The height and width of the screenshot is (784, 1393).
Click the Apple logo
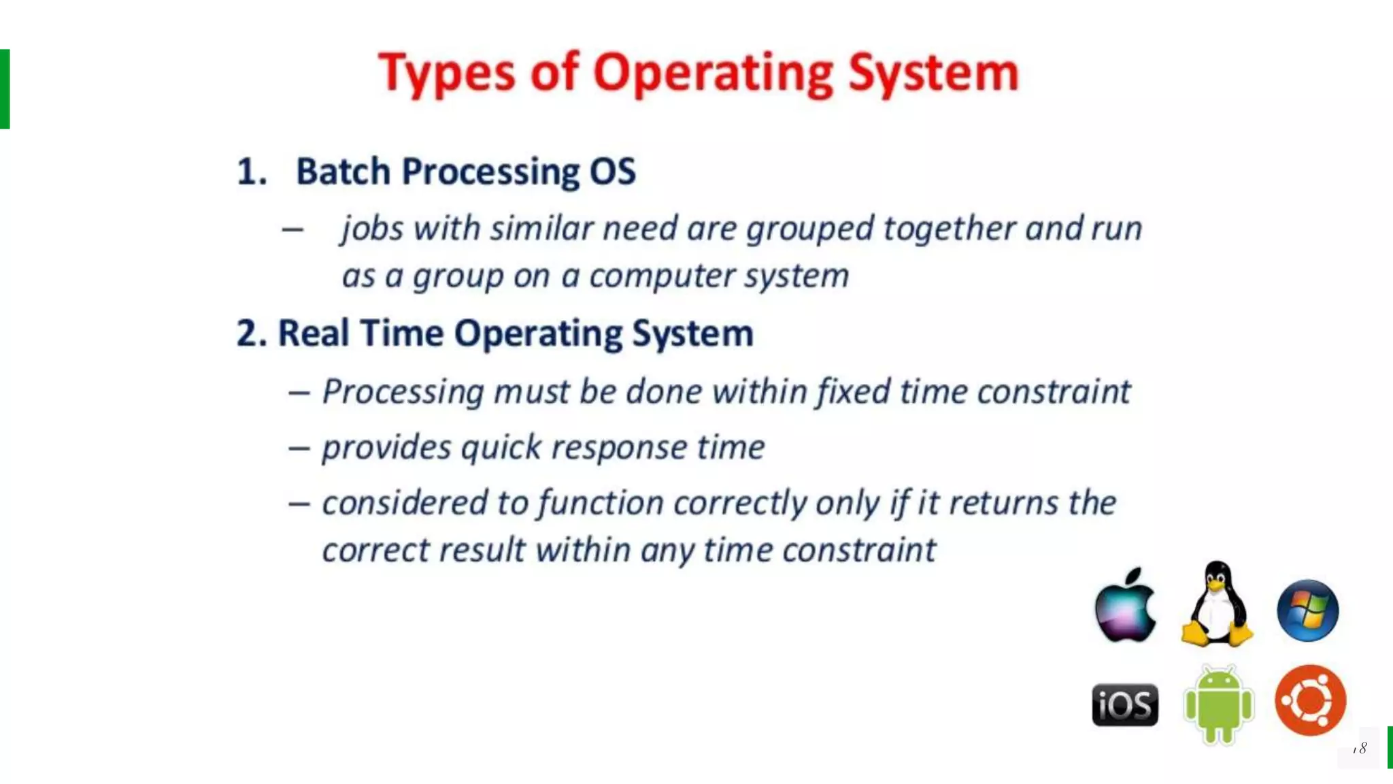(x=1125, y=607)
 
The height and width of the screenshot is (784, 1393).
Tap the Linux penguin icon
(x=1217, y=604)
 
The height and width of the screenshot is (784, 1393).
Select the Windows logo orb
(x=1307, y=610)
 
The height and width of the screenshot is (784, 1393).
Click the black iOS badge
(x=1125, y=704)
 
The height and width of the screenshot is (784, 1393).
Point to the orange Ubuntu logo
(x=1310, y=700)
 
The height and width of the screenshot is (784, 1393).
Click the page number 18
(x=1360, y=749)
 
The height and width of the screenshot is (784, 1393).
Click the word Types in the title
(x=446, y=73)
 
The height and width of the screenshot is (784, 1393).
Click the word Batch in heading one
(x=343, y=171)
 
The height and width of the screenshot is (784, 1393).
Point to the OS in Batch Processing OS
(x=612, y=171)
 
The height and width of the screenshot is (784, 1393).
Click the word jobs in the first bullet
(x=373, y=229)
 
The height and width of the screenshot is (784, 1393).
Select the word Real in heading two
(x=314, y=333)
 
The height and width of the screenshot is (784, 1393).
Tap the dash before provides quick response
(x=299, y=448)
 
